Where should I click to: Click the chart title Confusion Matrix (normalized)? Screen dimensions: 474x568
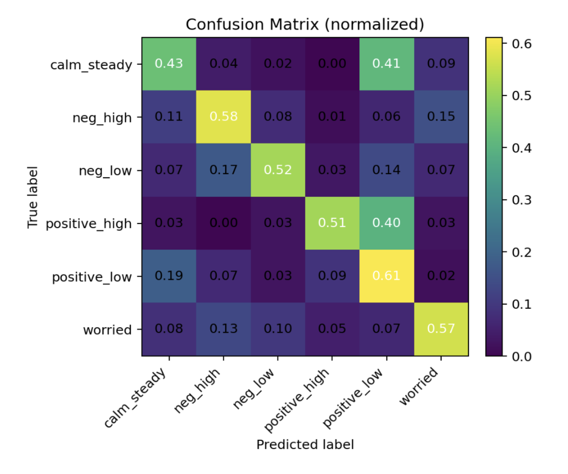coord(305,24)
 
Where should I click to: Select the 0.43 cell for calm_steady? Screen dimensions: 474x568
coord(169,64)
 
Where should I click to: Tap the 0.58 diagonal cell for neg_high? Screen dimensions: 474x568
coord(223,117)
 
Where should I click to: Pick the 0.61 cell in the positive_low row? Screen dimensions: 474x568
coord(386,277)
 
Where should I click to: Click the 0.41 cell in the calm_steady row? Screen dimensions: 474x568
coord(386,64)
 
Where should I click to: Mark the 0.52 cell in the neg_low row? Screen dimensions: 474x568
coord(277,170)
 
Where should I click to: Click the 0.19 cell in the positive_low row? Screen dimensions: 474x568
coord(169,277)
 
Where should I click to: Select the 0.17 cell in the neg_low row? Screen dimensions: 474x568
coord(223,170)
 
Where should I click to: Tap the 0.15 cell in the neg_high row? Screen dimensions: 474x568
coord(441,117)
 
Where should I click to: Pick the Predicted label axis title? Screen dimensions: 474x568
coord(305,444)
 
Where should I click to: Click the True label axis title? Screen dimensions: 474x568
coord(33,197)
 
